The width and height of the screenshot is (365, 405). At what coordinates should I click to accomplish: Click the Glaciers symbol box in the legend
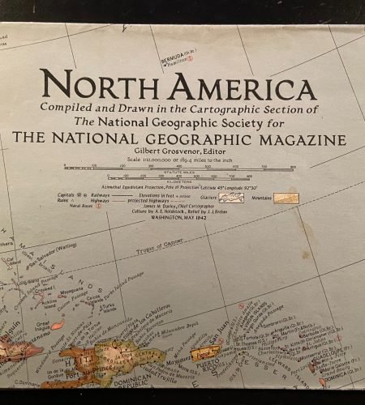click(x=236, y=198)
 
